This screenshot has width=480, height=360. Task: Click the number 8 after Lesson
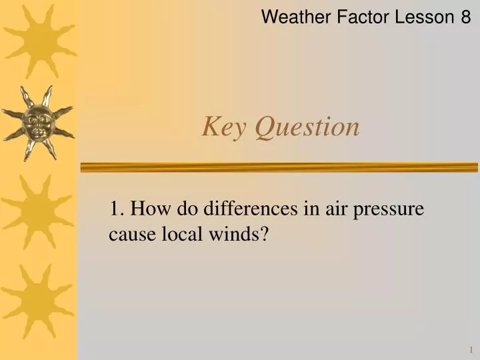coord(465,17)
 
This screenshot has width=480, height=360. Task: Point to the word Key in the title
coord(223,127)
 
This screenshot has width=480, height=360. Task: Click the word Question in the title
coord(308,127)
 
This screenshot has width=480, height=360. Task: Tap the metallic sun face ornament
coord(38,123)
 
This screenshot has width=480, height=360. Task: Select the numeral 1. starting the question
coord(117,209)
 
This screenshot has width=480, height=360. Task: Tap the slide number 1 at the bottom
coord(469,349)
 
